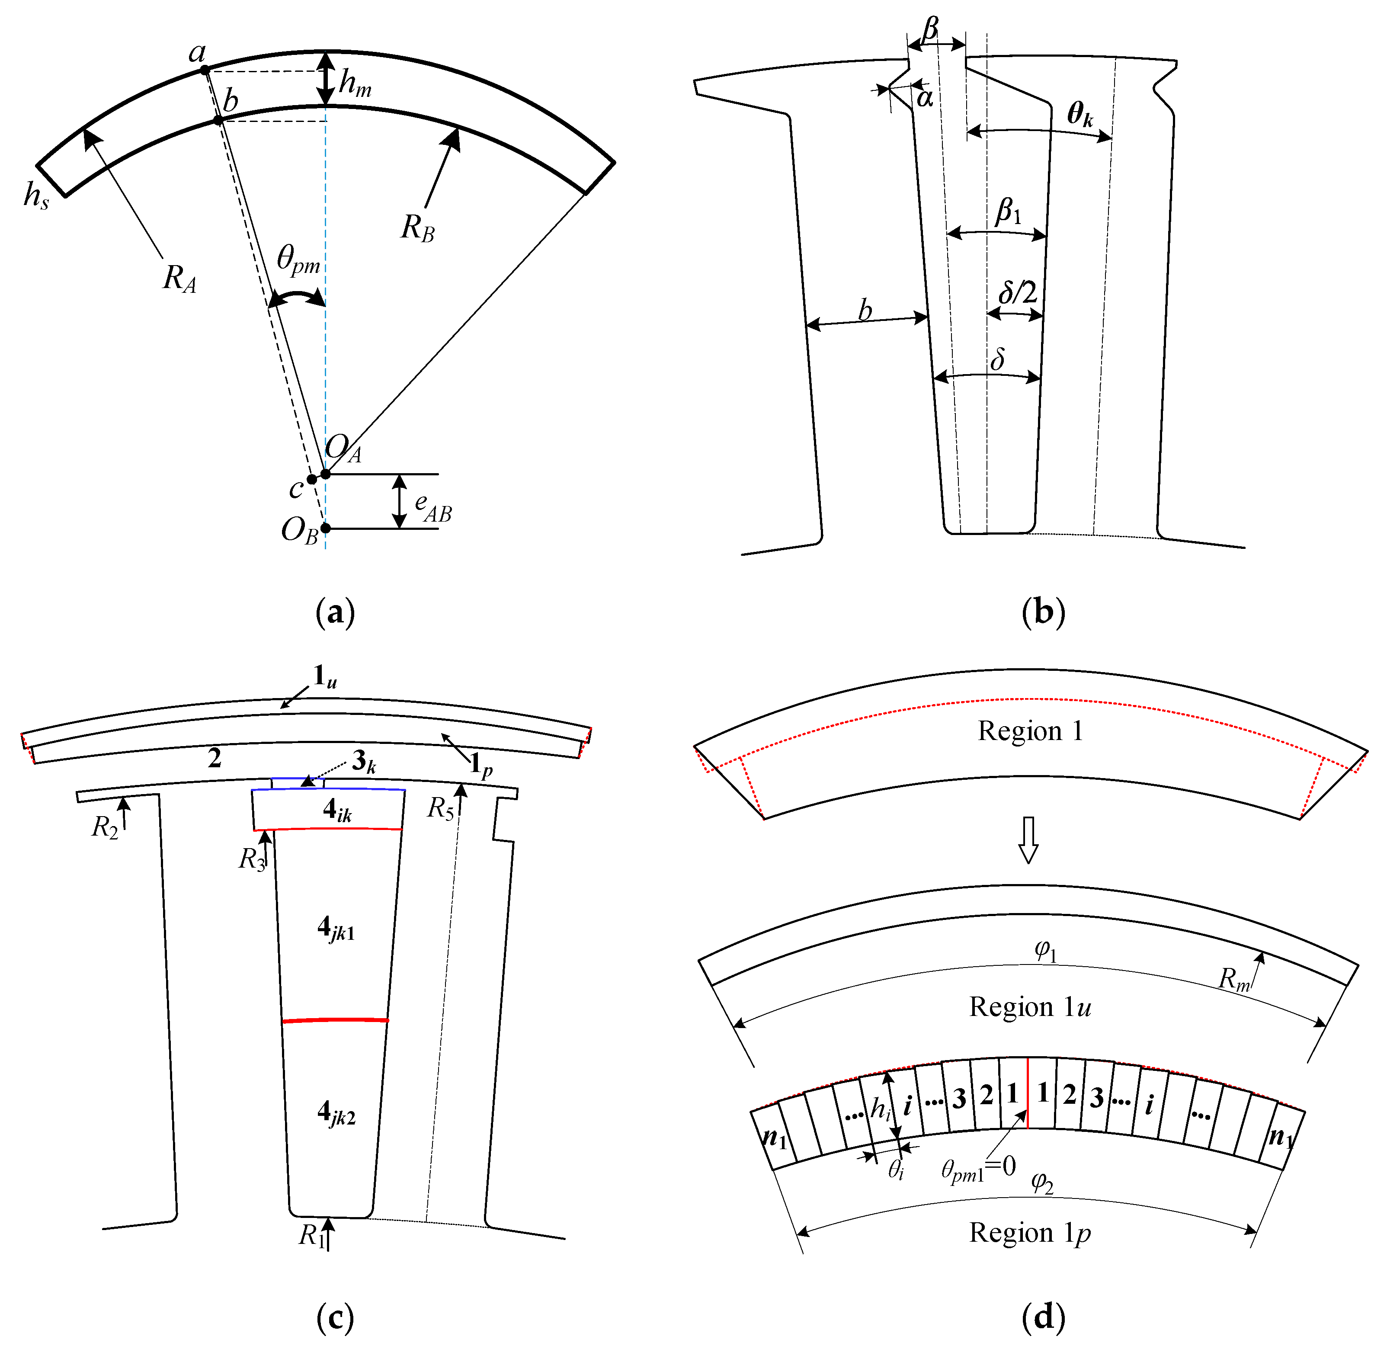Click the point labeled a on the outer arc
(205, 70)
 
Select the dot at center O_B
(325, 528)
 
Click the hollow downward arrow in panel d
(1028, 840)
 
